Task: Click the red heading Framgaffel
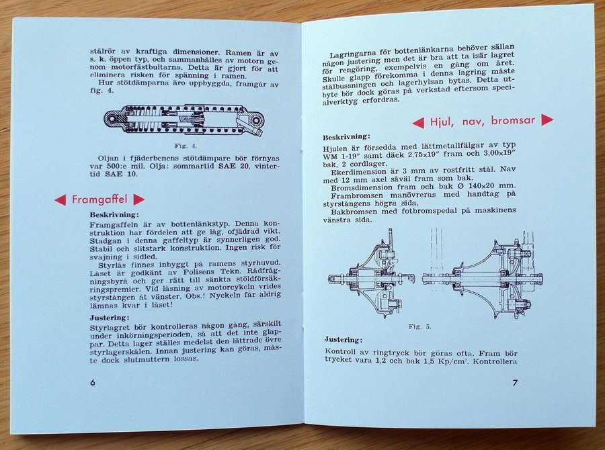(x=99, y=199)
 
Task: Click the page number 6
(x=92, y=382)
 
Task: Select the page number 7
(x=515, y=383)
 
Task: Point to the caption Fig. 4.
(x=186, y=146)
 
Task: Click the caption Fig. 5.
(x=419, y=326)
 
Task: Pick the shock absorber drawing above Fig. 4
(x=184, y=120)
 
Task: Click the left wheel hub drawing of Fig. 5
(x=371, y=275)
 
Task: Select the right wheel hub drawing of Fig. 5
(x=483, y=275)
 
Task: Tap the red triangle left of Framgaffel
(x=61, y=199)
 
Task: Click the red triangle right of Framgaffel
(x=138, y=199)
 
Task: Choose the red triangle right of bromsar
(x=547, y=120)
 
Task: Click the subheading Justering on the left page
(x=110, y=318)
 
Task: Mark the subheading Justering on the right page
(x=343, y=340)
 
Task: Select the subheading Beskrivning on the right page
(x=346, y=137)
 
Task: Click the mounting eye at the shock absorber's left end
(x=113, y=119)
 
